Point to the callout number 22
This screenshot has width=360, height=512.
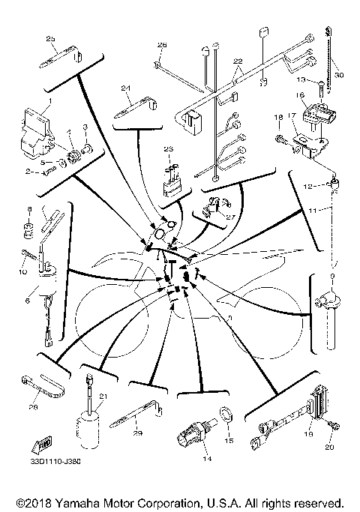click(238, 61)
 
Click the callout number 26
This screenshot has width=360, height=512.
click(161, 46)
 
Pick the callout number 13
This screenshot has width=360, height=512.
click(298, 79)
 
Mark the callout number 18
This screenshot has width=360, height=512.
click(277, 118)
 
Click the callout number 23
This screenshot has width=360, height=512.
click(168, 148)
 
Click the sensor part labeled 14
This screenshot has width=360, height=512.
click(191, 433)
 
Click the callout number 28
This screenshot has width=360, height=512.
click(32, 408)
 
